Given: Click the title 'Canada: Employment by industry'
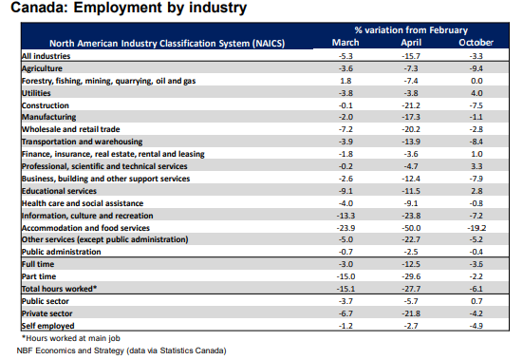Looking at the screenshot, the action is coord(129,8).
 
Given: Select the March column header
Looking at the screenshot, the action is coord(346,43).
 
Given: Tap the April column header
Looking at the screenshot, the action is coord(411,43).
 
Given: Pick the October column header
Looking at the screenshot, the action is coord(476,43).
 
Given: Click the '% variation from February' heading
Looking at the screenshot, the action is coord(411,30).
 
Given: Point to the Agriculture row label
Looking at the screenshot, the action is coord(42,68).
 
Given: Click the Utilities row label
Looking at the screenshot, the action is coord(36,93).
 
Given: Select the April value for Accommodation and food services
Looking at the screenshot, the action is coord(411,228).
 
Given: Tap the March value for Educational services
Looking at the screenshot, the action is coord(346,191).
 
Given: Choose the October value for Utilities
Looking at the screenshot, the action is coord(476,93).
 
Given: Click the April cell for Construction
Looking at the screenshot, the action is coord(411,105).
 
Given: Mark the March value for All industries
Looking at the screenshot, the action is coord(346,56).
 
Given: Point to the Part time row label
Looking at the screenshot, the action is coord(39,276).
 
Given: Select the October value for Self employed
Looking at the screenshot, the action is coord(476,326).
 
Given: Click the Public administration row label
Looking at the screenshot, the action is coord(61,252).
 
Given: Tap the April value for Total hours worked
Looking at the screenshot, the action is coord(411,289).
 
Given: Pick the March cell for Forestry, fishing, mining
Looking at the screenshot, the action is coord(346,81).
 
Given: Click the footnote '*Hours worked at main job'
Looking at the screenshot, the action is coord(70,338).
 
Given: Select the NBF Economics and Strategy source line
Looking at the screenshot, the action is coord(121,351).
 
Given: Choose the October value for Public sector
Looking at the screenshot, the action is coord(476,301).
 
